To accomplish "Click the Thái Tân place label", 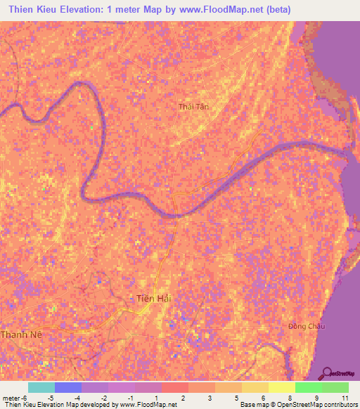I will click(x=194, y=106).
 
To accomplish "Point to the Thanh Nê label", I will click(x=22, y=335).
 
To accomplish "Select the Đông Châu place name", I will click(x=306, y=326).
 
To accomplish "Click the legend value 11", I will click(x=345, y=398).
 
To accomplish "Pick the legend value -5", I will click(x=51, y=398).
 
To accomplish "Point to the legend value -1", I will click(x=131, y=398).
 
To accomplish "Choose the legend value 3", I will click(x=211, y=398).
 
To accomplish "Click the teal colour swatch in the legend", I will click(x=41, y=387).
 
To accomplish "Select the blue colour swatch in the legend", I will click(x=67, y=387).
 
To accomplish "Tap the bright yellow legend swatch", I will click(x=281, y=387).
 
